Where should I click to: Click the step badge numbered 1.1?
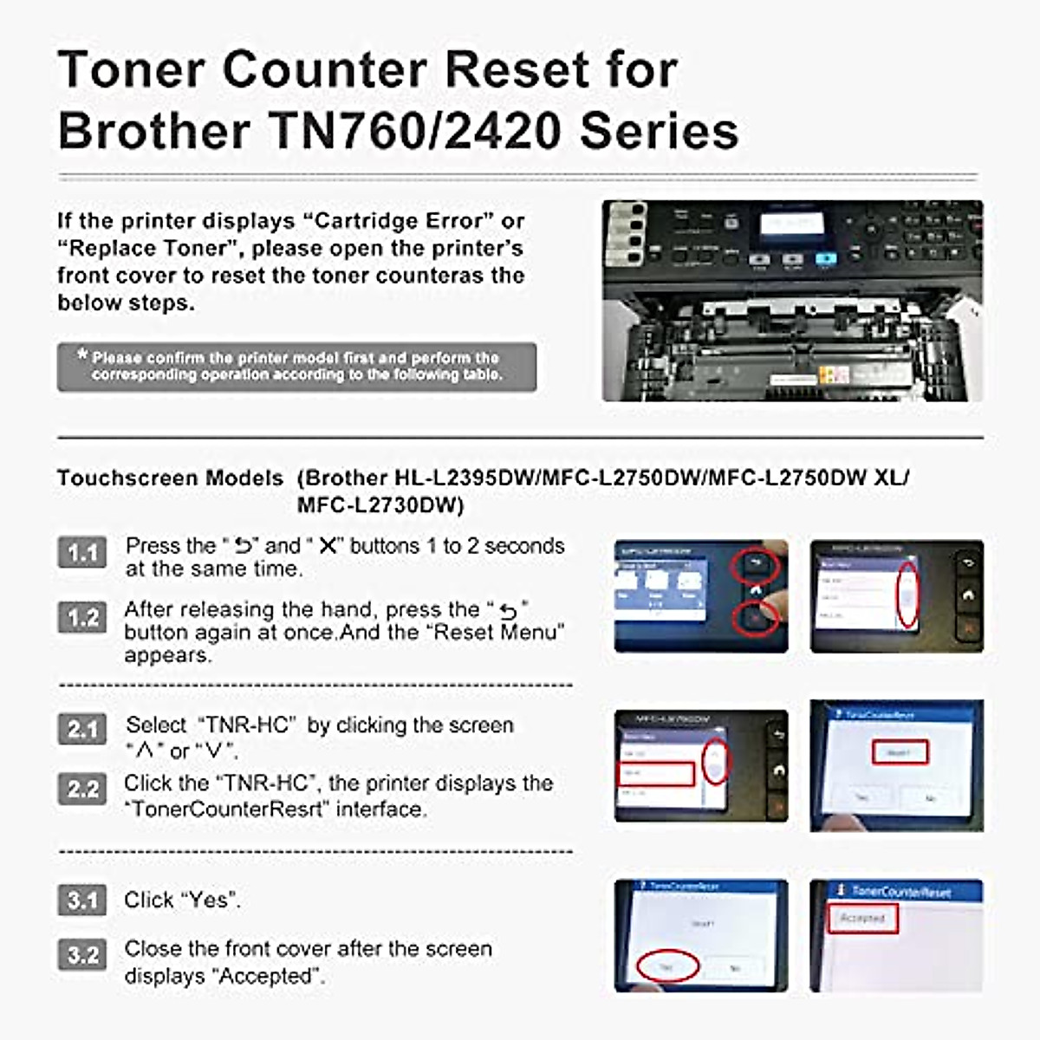coord(82,552)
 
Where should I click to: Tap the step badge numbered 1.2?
coord(82,617)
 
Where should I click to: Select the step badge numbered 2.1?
coord(82,729)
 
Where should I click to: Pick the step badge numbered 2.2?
coord(82,790)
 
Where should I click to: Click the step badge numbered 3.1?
coord(82,900)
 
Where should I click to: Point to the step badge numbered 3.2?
coord(82,954)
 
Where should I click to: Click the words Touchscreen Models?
coord(170,478)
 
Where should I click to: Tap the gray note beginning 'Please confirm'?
coord(296,367)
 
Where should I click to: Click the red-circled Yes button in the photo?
coord(666,965)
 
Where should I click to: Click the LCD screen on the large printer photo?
coord(791,224)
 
